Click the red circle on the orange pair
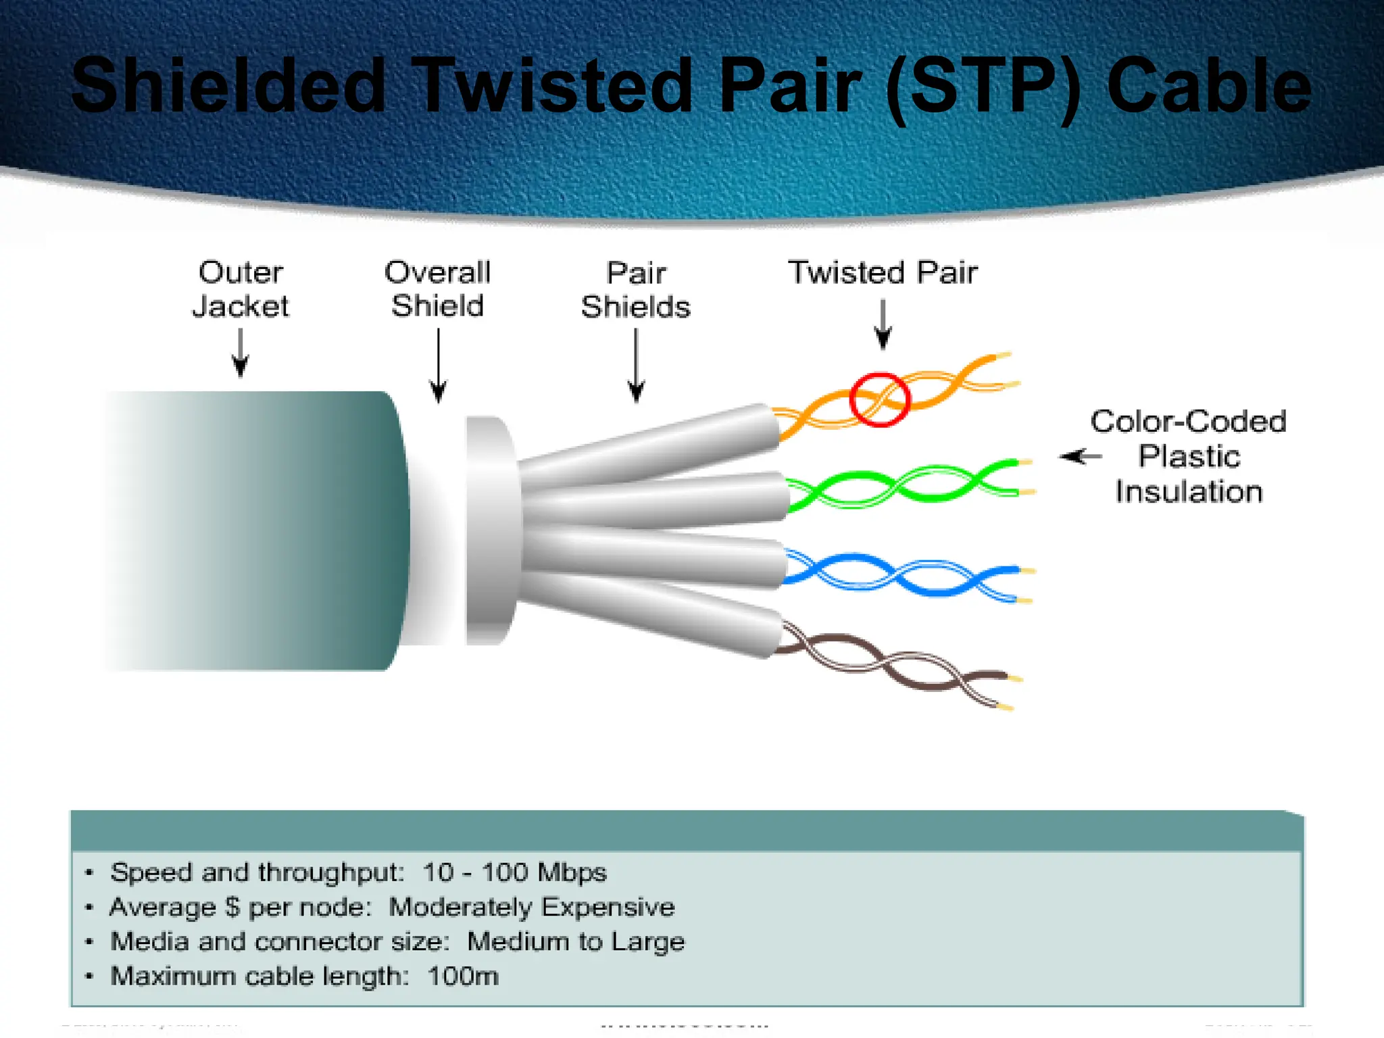pos(879,399)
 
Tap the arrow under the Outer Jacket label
pos(241,353)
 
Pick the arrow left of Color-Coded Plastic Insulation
pos(1081,457)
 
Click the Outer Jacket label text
pos(241,289)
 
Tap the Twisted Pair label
pos(883,272)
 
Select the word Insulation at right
pos(1189,492)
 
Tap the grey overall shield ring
pos(490,530)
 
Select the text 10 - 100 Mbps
pos(514,872)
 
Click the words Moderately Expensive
pos(532,907)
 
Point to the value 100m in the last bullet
pos(463,977)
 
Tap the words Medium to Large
pos(576,941)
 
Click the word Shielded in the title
pos(228,86)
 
